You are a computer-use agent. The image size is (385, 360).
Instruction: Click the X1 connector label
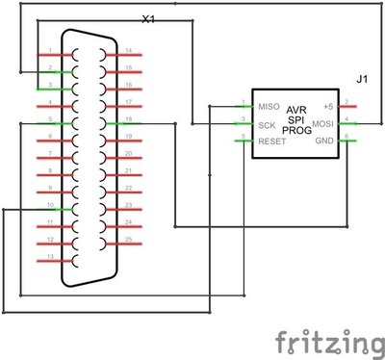click(147, 18)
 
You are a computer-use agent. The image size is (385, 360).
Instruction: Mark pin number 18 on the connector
click(128, 120)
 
